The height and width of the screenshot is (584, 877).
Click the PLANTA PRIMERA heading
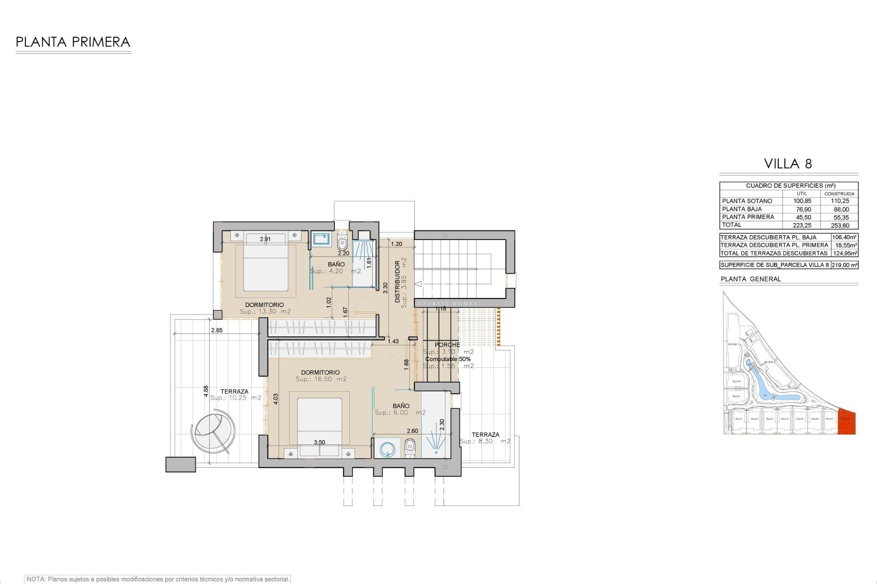tap(73, 42)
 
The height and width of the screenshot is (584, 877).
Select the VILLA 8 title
tap(788, 164)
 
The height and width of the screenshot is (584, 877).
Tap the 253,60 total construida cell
tap(840, 225)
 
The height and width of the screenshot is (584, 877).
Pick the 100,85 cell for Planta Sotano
tap(802, 201)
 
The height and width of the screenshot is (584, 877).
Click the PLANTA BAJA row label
tap(742, 209)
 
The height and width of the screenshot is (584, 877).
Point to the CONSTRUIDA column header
tap(839, 193)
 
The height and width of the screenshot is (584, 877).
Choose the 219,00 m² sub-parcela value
tap(845, 265)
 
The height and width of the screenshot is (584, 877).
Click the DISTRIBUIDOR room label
tap(397, 282)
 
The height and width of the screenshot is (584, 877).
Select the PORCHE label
tap(447, 345)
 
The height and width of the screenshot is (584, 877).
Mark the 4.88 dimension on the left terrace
tap(206, 391)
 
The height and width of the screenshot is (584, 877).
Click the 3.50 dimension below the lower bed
tap(319, 443)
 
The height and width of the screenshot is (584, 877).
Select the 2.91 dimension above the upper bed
tap(265, 239)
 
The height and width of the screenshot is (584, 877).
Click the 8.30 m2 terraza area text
tap(485, 442)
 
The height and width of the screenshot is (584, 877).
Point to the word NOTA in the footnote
tap(36, 579)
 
